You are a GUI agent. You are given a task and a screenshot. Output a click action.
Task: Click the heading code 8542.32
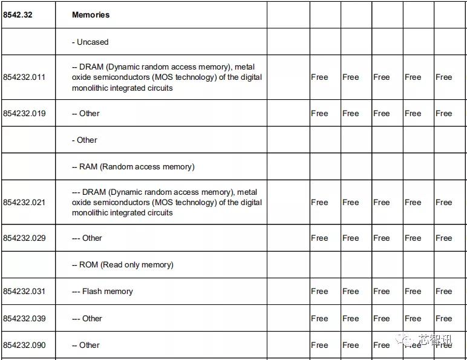coord(18,15)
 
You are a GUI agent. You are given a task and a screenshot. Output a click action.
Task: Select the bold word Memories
coord(91,15)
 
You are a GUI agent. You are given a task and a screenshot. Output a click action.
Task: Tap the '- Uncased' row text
coord(90,42)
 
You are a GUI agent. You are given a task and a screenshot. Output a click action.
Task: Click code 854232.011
coord(24,77)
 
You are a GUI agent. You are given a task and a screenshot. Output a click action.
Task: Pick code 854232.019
coord(24,113)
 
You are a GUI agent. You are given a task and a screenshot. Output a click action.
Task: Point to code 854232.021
coord(24,202)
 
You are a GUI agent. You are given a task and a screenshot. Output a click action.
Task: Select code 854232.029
coord(24,238)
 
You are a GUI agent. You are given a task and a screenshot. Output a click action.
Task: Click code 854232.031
coord(24,291)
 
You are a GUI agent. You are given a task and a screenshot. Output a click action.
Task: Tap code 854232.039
coord(24,318)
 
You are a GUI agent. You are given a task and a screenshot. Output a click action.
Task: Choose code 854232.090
coord(24,345)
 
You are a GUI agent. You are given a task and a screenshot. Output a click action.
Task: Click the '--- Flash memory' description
coord(102,291)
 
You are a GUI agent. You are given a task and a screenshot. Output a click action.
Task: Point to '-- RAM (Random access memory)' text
coord(133,166)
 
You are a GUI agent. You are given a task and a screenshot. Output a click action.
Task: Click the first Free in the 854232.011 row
coord(319,77)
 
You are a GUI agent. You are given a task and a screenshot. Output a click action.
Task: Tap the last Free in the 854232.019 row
coord(443,113)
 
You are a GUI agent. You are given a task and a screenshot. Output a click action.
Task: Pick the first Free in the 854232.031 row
coord(319,291)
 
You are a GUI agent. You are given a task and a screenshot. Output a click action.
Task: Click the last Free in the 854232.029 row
coord(443,238)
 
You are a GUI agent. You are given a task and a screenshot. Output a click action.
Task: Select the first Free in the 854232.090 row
coord(319,345)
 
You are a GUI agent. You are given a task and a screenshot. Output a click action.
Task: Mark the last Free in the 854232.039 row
coord(443,318)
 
